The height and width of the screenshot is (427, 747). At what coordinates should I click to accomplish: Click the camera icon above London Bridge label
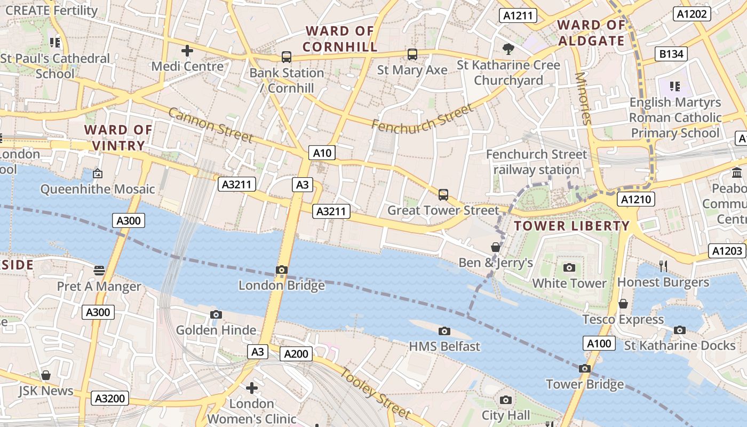click(282, 270)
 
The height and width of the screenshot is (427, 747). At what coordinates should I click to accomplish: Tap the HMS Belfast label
click(444, 346)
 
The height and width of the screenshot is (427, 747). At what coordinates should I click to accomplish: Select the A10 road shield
click(322, 153)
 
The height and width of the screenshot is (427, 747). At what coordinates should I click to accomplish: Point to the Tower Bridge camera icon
click(584, 368)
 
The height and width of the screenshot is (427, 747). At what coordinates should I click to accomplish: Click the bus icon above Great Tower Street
click(443, 195)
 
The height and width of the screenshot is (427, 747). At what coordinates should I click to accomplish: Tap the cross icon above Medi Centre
click(187, 51)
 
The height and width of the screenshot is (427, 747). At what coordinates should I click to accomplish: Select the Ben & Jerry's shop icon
click(496, 247)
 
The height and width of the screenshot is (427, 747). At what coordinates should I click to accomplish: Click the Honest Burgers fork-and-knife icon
click(663, 266)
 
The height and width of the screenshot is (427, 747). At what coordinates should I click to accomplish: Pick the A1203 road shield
click(727, 250)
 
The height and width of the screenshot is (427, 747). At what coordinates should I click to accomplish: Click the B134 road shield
click(671, 53)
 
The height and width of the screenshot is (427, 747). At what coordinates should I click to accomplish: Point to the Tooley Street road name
click(376, 393)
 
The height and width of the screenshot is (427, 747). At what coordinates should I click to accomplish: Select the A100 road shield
click(599, 344)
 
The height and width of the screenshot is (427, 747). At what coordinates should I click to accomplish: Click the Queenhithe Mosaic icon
click(98, 173)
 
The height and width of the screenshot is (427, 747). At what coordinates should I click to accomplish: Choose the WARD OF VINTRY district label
click(118, 138)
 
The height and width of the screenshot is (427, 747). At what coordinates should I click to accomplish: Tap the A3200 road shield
click(110, 398)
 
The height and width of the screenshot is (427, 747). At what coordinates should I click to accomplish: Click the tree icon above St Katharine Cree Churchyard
click(508, 49)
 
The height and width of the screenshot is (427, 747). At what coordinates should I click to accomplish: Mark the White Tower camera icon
click(569, 267)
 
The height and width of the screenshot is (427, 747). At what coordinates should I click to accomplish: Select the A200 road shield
click(296, 354)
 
